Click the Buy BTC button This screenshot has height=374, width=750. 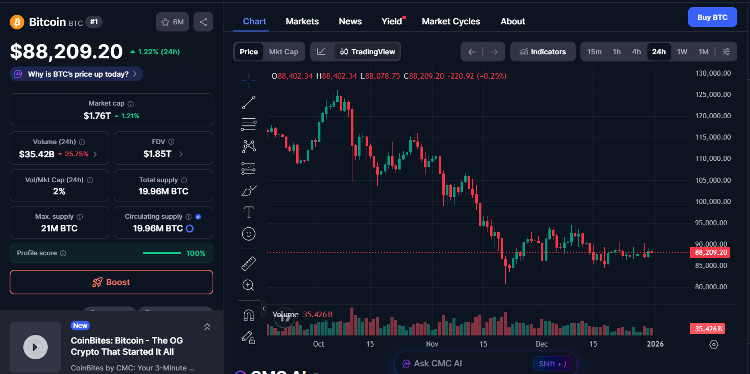tap(712, 17)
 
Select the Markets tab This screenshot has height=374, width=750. tap(302, 21)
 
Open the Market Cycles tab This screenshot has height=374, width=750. tap(450, 21)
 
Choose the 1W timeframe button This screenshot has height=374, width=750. tap(682, 52)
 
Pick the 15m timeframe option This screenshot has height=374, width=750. tap(594, 52)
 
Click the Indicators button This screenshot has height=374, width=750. tap(542, 52)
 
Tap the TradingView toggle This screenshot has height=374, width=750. tap(368, 52)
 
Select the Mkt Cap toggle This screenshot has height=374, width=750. tap(283, 52)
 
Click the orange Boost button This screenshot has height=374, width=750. tap(111, 282)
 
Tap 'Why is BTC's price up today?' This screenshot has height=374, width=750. tap(76, 74)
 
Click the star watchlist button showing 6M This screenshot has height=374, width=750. tap(173, 22)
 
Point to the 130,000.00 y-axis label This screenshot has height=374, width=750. tap(712, 73)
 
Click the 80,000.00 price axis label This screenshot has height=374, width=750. tap(712, 287)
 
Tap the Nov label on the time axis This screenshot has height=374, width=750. tap(432, 344)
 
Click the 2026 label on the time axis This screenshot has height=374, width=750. tap(655, 344)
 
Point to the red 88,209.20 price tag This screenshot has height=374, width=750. tap(710, 252)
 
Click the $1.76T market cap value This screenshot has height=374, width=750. tap(97, 116)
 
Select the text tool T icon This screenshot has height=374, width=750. tap(249, 212)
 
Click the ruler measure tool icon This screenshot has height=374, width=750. tap(249, 264)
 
